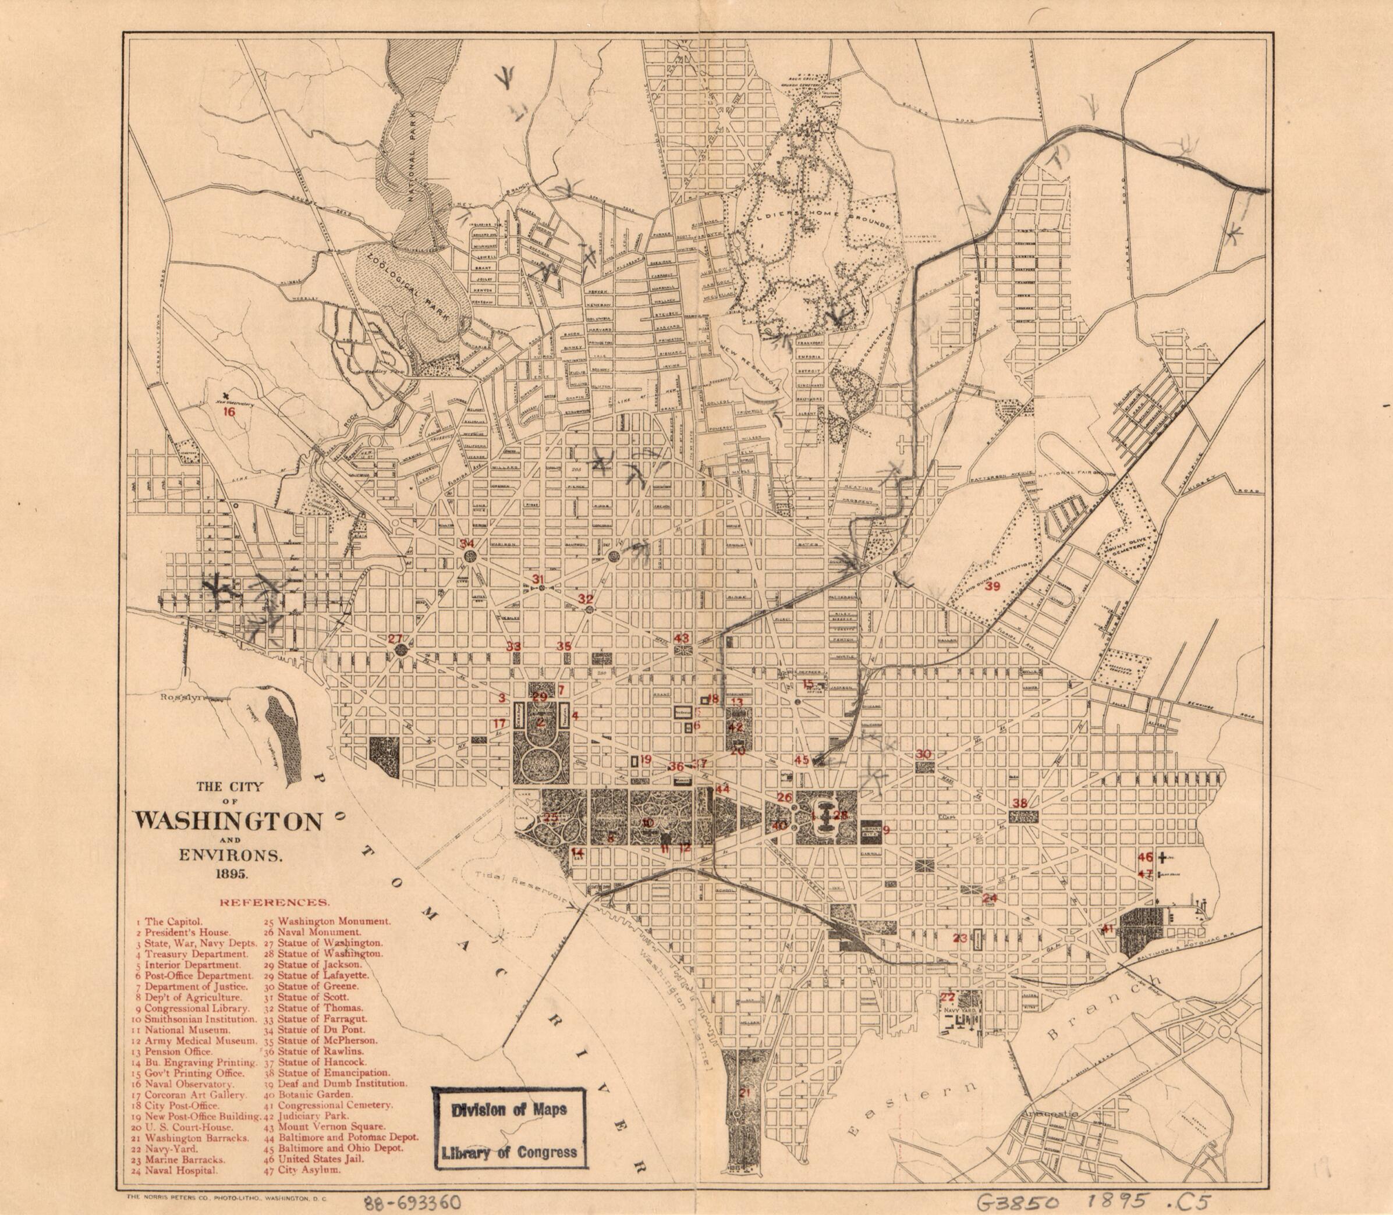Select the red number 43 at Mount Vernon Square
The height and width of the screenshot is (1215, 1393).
point(682,638)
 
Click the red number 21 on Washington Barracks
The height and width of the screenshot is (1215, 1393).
point(745,1092)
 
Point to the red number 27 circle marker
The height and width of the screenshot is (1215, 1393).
point(395,638)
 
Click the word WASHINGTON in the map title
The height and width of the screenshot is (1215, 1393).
point(229,822)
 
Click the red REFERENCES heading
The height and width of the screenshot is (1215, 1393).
point(274,903)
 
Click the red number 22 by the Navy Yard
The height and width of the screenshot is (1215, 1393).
point(948,1017)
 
